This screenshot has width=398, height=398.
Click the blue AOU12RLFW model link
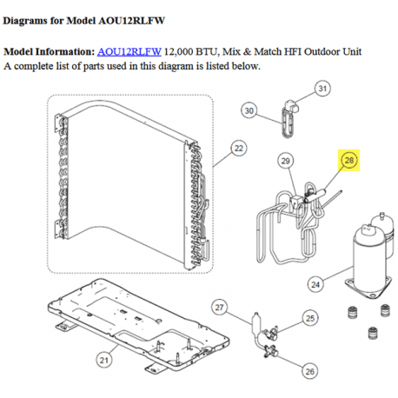pos(129,51)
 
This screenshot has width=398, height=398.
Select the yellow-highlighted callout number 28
pos(349,160)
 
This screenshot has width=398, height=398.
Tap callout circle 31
pos(322,89)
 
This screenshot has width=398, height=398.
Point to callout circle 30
pos(249,110)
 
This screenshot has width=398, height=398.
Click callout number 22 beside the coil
pos(239,149)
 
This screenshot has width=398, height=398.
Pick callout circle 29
pos(286,161)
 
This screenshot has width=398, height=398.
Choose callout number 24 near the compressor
pos(315,285)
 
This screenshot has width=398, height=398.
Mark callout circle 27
pos(220,308)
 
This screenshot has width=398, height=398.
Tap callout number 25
pos(310,318)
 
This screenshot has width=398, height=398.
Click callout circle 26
pos(309,371)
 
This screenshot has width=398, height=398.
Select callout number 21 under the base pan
pos(104,361)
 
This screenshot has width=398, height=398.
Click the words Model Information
pos(50,51)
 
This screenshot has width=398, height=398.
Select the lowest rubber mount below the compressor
pos(373,333)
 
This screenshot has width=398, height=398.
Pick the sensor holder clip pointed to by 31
pos(291,106)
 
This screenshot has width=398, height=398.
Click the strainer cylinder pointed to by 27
pos(256,322)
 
